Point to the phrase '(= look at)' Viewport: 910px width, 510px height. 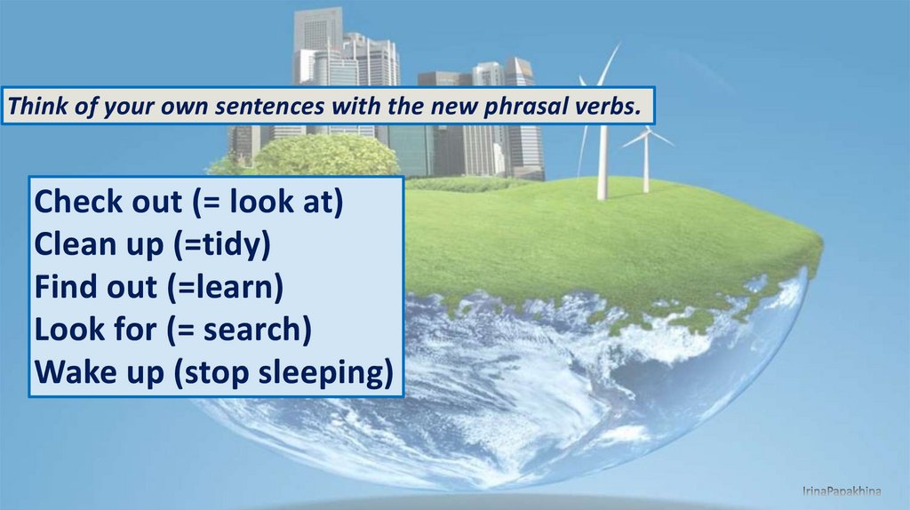coord(267,203)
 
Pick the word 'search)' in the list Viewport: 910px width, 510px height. coord(257,330)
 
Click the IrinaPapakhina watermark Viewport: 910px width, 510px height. coord(842,491)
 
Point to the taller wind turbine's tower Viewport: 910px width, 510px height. coord(603,156)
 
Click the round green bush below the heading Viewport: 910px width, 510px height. coord(327,155)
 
